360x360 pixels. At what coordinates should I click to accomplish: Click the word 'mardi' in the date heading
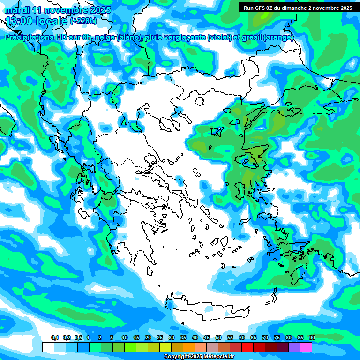pos(17,10)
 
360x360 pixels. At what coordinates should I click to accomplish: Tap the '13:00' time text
pos(21,21)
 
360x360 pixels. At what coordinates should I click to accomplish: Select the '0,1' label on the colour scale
pos(54,338)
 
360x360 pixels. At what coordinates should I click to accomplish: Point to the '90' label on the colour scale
pos(312,338)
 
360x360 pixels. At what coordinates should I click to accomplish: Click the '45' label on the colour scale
pos(206,338)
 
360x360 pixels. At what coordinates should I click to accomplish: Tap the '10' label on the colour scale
pos(124,338)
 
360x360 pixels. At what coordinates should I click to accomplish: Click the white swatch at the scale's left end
pos(48,347)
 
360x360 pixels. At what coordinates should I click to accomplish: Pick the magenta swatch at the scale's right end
pos(306,347)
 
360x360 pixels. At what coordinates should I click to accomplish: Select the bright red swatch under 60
pos(247,347)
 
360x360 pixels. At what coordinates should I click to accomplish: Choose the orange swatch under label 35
pos(189,347)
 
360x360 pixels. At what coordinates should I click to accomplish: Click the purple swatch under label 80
pos(294,347)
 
